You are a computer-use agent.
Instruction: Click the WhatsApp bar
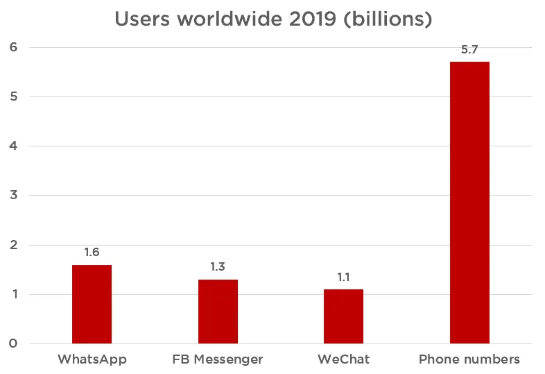tap(92, 305)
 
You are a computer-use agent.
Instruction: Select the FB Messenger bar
tap(218, 312)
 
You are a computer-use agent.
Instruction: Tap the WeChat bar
tap(343, 316)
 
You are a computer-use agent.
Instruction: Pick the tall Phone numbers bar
tap(469, 203)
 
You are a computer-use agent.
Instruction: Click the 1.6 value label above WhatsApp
tap(92, 253)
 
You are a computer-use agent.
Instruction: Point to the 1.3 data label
tap(218, 267)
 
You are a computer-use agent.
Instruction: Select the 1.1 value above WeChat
tap(343, 277)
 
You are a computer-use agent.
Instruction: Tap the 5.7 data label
tap(469, 50)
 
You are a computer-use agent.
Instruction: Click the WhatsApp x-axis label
tap(92, 359)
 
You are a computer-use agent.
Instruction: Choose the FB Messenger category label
tap(218, 359)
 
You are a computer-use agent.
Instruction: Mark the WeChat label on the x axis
tap(343, 359)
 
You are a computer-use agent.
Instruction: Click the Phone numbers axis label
tap(469, 359)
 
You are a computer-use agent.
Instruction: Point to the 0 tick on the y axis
tap(12, 344)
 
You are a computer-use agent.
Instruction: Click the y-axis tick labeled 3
tap(12, 196)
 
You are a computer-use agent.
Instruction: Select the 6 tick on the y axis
tap(12, 47)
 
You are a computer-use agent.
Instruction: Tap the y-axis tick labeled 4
tap(12, 146)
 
